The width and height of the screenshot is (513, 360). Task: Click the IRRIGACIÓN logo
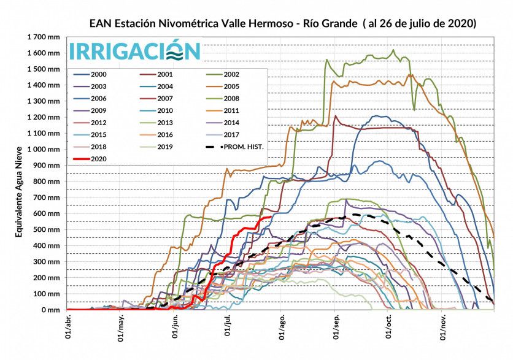[x=134, y=50]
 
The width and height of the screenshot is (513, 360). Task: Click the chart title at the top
[x=282, y=24]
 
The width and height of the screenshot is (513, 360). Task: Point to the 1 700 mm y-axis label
[x=44, y=37]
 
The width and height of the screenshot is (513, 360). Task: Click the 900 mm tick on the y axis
[x=48, y=166]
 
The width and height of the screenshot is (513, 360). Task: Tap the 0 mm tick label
[x=52, y=310]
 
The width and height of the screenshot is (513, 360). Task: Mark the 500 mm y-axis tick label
[x=48, y=230]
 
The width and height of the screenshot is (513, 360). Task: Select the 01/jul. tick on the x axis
[x=228, y=328]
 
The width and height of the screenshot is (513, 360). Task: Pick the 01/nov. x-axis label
[x=444, y=328]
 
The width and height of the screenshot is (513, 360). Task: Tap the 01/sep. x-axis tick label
[x=336, y=328]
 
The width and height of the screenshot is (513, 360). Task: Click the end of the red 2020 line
[x=271, y=216]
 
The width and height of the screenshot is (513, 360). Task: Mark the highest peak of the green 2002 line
[x=393, y=50]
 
